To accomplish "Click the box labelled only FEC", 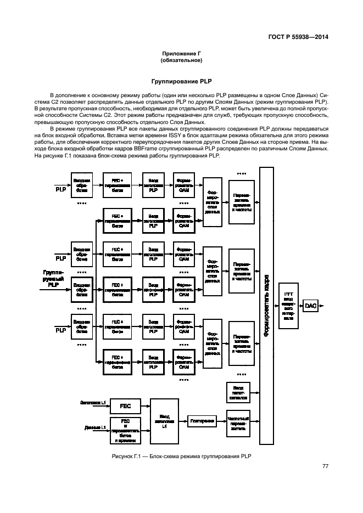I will coord(125,405).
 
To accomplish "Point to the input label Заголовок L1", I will coord(93,403).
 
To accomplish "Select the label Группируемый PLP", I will coord(53,278).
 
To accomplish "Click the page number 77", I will coord(325,466).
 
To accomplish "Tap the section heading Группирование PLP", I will coord(181,81).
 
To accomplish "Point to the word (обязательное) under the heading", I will coord(181,60).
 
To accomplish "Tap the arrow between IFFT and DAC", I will coord(300,305).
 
